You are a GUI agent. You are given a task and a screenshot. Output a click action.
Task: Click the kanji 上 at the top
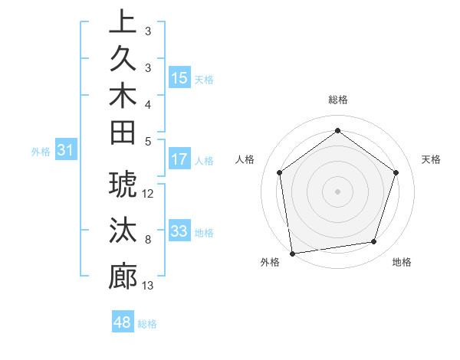coord(123,22)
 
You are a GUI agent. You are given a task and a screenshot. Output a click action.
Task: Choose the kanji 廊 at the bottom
coord(123,276)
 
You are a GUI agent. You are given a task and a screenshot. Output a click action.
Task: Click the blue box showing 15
coord(179,78)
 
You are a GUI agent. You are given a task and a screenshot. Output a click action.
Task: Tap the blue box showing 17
coord(179,160)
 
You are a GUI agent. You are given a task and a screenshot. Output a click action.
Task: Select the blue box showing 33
coord(179,231)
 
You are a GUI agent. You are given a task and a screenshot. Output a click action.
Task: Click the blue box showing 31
coord(66,151)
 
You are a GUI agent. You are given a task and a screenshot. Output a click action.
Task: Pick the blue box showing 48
coord(123,322)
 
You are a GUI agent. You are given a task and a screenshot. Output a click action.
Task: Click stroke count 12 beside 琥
coord(148,194)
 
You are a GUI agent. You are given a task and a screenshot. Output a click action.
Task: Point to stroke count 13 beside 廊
coord(148,286)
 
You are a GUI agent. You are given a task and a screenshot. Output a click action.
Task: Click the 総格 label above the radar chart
coord(337,100)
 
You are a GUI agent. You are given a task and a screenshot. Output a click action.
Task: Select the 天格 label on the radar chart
coord(431,159)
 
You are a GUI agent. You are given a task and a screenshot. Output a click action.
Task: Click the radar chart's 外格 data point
coord(292,253)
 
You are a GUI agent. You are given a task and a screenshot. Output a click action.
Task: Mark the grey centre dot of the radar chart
coord(337,191)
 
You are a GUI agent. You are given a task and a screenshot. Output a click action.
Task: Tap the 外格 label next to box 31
coord(41,152)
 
